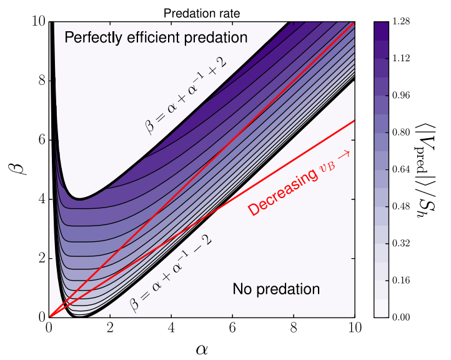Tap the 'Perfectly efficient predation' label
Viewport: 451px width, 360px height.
[x=156, y=38]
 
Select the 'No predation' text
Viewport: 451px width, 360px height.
[x=276, y=289]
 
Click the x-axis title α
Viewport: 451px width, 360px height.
[x=202, y=347]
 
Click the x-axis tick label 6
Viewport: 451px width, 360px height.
[x=232, y=327]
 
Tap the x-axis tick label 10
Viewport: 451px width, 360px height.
[x=355, y=327]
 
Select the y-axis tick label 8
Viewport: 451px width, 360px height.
[x=39, y=81]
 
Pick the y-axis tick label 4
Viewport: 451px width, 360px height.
[x=39, y=199]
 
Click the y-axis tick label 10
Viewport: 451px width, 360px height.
[x=36, y=22]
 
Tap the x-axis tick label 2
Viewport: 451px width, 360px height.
[x=110, y=327]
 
